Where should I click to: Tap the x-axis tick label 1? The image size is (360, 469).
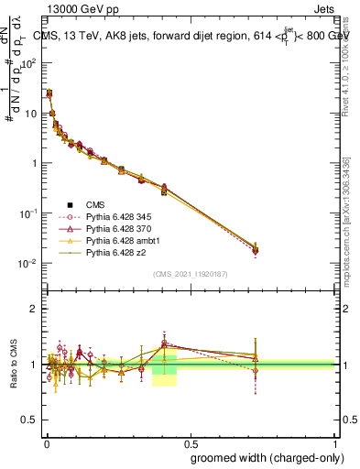(x=335, y=442)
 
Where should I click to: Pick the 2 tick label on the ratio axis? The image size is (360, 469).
(x=34, y=309)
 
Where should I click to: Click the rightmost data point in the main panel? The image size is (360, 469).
(x=256, y=249)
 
